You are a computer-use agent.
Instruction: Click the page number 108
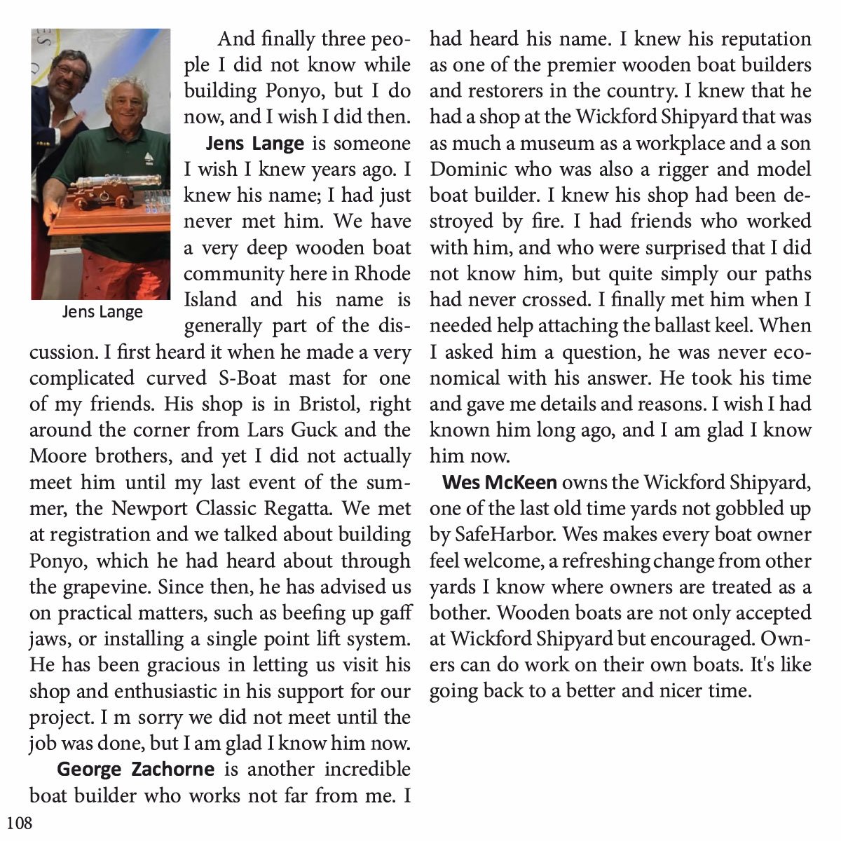[20, 823]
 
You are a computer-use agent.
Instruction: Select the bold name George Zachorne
[135, 770]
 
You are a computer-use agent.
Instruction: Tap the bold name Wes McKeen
[500, 483]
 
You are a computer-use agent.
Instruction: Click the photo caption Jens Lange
[102, 312]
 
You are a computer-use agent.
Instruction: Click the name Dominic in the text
[468, 170]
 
